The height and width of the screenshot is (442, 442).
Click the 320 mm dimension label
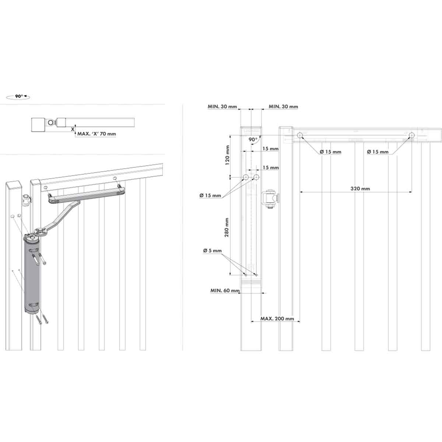[x=360, y=189]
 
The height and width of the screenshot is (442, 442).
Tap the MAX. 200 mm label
[x=277, y=319]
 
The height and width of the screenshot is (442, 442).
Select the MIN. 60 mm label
[x=225, y=291]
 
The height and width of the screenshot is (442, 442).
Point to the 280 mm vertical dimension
[x=227, y=227]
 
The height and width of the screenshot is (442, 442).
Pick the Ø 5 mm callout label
[x=212, y=251]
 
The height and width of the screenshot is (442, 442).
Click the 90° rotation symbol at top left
[x=18, y=96]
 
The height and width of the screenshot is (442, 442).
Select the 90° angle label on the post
[x=253, y=140]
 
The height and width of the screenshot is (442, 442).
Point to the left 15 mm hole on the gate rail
[x=300, y=136]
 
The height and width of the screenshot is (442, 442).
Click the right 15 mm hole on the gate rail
[x=411, y=136]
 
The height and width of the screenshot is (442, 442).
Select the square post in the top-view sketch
[x=38, y=124]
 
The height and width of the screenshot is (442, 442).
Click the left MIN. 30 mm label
[x=222, y=107]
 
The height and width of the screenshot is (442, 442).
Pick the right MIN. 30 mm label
[x=283, y=107]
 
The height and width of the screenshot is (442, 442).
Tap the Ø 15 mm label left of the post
[x=210, y=195]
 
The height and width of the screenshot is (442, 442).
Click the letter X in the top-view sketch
[x=72, y=129]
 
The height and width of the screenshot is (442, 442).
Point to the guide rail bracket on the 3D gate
[x=87, y=194]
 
